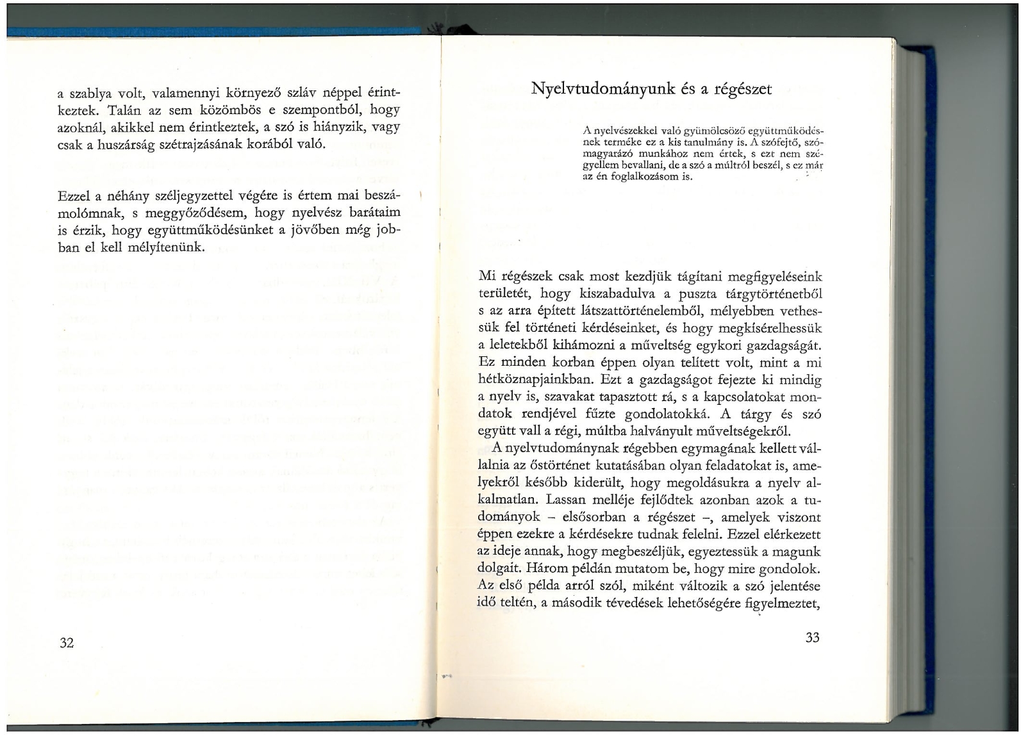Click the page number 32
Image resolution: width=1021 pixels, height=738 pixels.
pos(67,643)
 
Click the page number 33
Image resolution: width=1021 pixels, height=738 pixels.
pos(812,637)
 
